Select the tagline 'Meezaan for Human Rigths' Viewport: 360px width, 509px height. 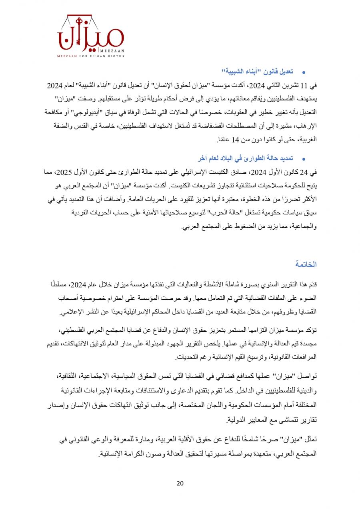tap(91, 56)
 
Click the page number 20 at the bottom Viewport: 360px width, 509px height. tap(180, 483)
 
